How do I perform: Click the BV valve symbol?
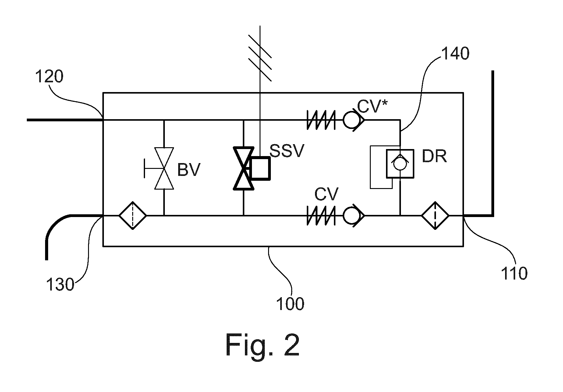[x=164, y=168]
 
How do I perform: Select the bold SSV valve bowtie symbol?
[x=243, y=168]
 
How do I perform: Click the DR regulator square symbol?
[x=400, y=164]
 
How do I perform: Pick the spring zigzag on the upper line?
[x=321, y=120]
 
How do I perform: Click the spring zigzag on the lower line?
[x=321, y=216]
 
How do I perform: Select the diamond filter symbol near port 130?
[x=133, y=216]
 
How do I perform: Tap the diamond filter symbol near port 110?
[x=435, y=216]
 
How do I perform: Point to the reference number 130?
[x=60, y=285]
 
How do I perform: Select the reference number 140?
[x=455, y=54]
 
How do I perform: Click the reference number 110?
[x=514, y=273]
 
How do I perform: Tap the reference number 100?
[x=290, y=303]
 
